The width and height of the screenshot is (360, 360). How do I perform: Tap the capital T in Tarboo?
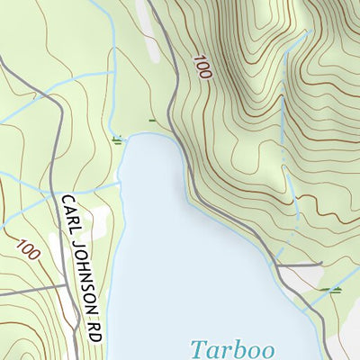tap(198, 346)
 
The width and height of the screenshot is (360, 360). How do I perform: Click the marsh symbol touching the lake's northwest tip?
tap(117, 139)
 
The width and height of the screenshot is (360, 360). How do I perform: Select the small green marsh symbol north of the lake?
tap(152, 119)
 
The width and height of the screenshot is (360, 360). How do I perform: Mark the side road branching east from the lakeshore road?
tap(301, 265)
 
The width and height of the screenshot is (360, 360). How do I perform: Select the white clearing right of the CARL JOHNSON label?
tap(99, 219)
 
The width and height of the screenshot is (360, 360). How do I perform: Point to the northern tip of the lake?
tap(139, 135)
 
